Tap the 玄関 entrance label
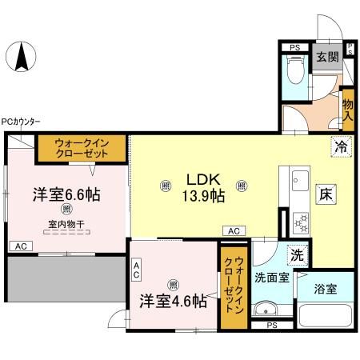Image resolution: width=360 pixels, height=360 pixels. (325, 58)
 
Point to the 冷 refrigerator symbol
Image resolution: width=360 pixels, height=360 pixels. (341, 146)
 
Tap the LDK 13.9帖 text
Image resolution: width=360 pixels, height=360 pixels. (205, 187)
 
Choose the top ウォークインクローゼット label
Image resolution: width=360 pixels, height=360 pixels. (89, 148)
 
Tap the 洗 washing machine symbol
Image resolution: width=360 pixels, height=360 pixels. (297, 255)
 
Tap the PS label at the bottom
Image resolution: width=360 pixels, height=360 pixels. (272, 326)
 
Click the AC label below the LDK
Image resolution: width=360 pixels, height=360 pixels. (234, 231)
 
